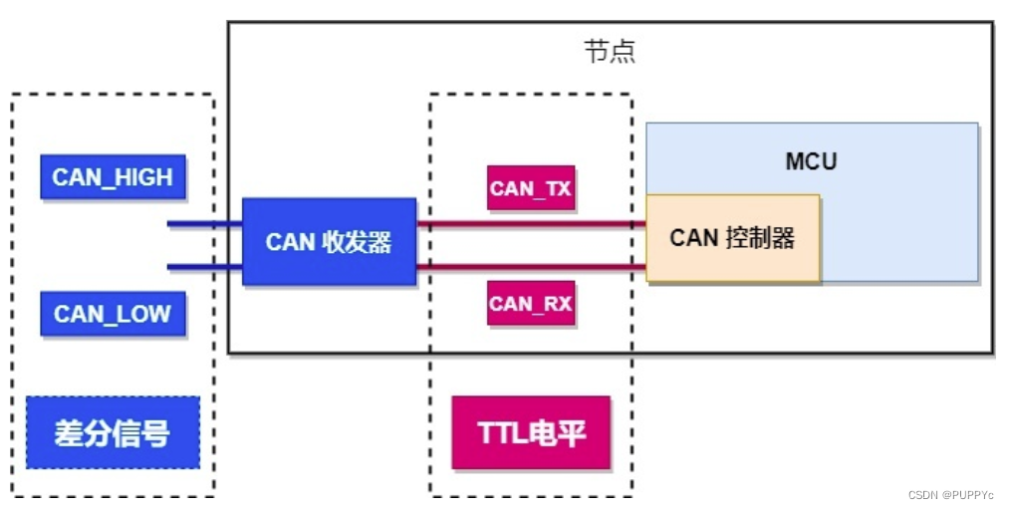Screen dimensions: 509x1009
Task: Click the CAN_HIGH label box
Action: click(x=113, y=177)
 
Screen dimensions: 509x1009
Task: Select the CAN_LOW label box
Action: click(x=113, y=314)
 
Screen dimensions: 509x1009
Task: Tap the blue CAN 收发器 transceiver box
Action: click(x=329, y=242)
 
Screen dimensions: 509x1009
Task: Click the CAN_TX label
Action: click(x=531, y=187)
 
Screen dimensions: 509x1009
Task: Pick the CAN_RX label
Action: click(x=531, y=303)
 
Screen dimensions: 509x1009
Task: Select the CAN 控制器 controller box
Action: click(x=732, y=238)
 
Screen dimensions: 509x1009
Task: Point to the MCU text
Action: click(x=811, y=160)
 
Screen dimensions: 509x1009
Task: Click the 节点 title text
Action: click(x=609, y=52)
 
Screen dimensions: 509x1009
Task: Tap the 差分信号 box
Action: click(x=113, y=433)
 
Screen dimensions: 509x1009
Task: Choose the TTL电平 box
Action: click(x=531, y=433)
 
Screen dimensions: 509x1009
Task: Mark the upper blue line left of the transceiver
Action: click(x=204, y=223)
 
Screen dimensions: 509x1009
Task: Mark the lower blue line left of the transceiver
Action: click(x=204, y=266)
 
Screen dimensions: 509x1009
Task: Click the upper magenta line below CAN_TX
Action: click(x=531, y=224)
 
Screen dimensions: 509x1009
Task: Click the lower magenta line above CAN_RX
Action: click(x=531, y=266)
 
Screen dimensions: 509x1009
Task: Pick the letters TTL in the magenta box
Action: click(x=501, y=433)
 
